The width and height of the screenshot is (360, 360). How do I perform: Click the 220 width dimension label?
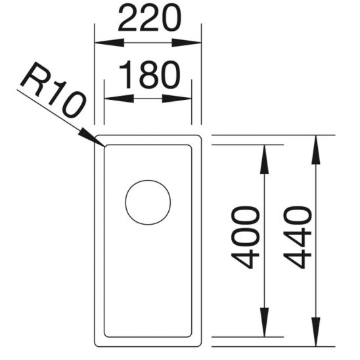(x=148, y=19)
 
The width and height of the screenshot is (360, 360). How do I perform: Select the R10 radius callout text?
(x=52, y=93)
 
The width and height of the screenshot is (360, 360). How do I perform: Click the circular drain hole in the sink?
(x=148, y=202)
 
